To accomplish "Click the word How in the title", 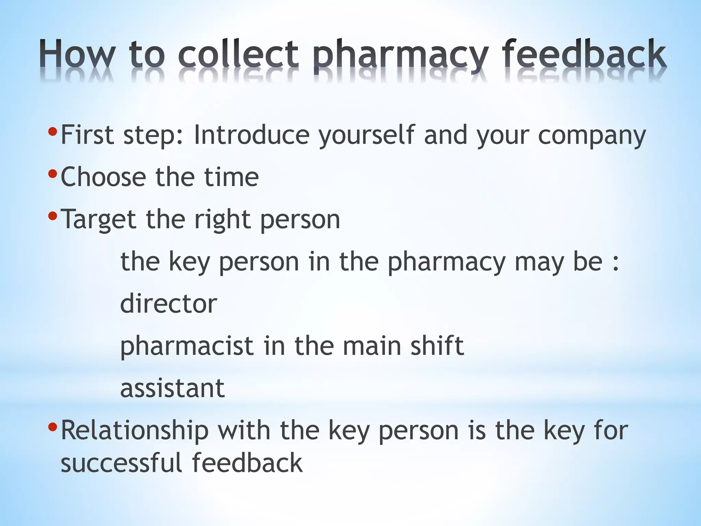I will [77, 54].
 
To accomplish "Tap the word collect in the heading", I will [238, 54].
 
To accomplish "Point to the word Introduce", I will [252, 135].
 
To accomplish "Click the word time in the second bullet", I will [231, 177].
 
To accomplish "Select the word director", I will [168, 304].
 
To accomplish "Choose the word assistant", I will [172, 388].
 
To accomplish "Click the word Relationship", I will [135, 431].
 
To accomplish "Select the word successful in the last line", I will [121, 463].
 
